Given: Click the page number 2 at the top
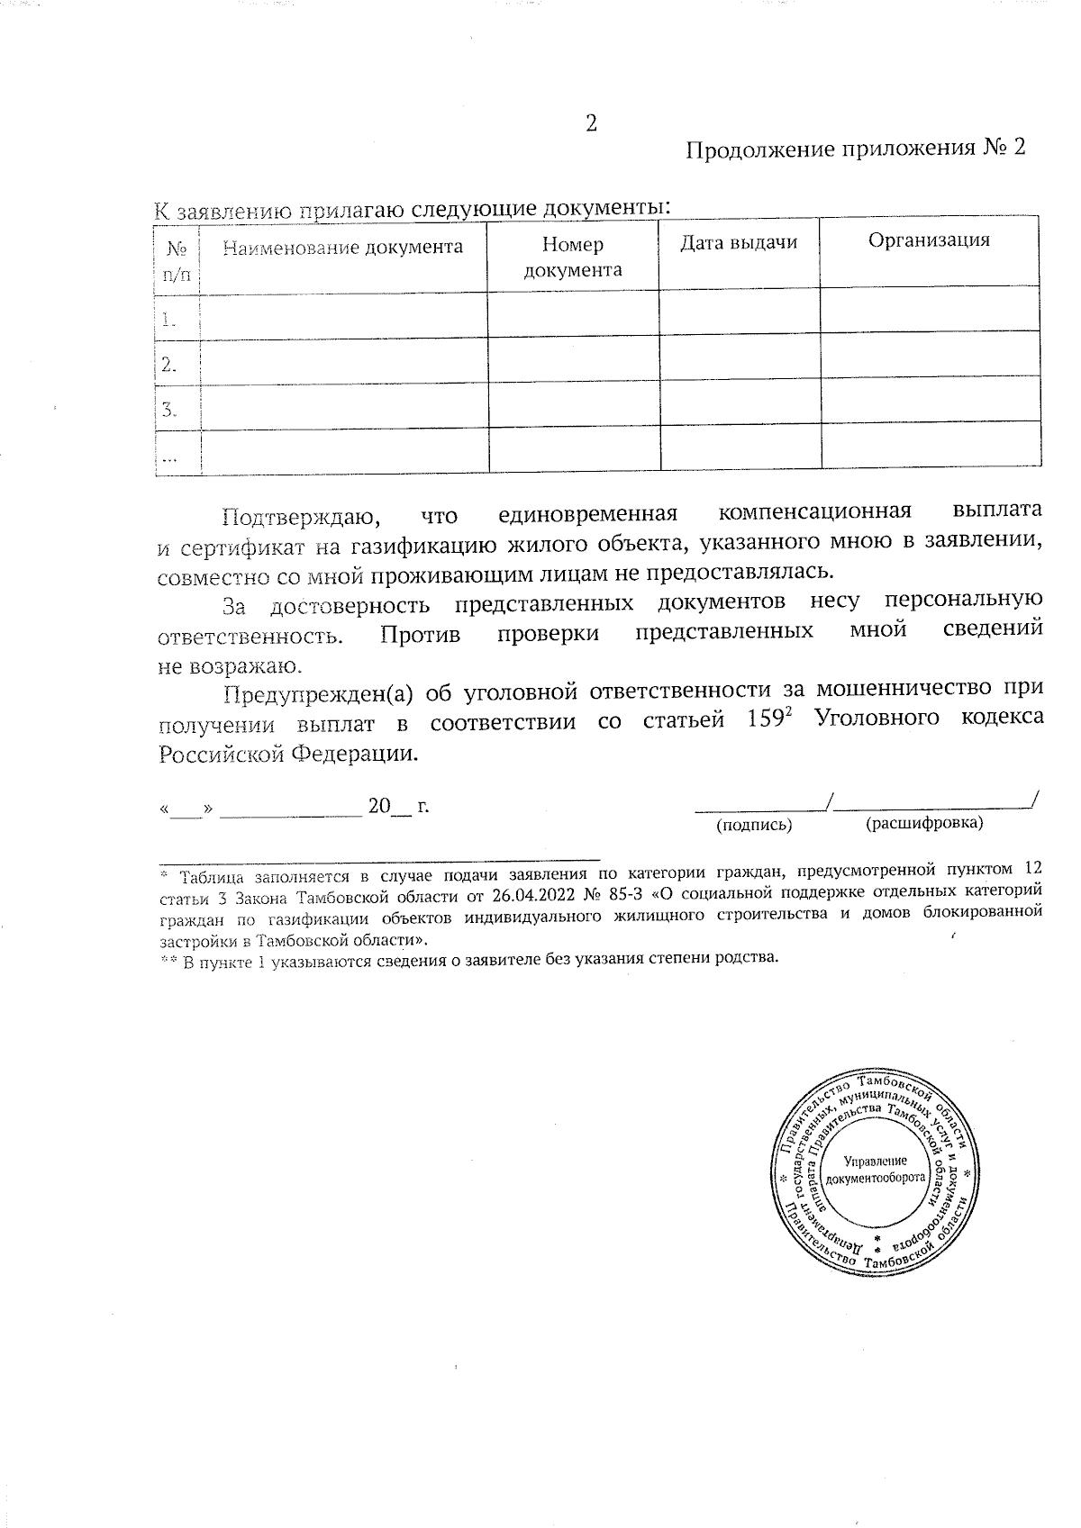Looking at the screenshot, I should tap(591, 123).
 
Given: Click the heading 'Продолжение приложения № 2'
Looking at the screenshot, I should tap(856, 149).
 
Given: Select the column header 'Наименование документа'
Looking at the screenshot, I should tap(342, 247).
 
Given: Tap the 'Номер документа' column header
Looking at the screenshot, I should tap(573, 257).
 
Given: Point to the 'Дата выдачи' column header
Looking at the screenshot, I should tap(738, 242).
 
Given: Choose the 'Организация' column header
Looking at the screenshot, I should tap(929, 240).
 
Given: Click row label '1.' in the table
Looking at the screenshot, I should tap(168, 318).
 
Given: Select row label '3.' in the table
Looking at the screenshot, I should tap(168, 410).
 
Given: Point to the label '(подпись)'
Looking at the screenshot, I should tap(753, 824).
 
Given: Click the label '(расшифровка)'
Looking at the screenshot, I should tap(923, 822).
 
